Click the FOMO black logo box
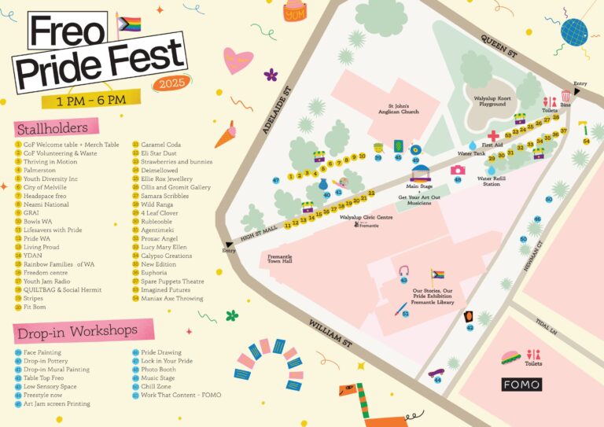pyautogui.click(x=521, y=384)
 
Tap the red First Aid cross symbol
pyautogui.click(x=493, y=135)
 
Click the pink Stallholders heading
pyautogui.click(x=56, y=127)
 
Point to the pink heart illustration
pyautogui.click(x=238, y=60)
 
